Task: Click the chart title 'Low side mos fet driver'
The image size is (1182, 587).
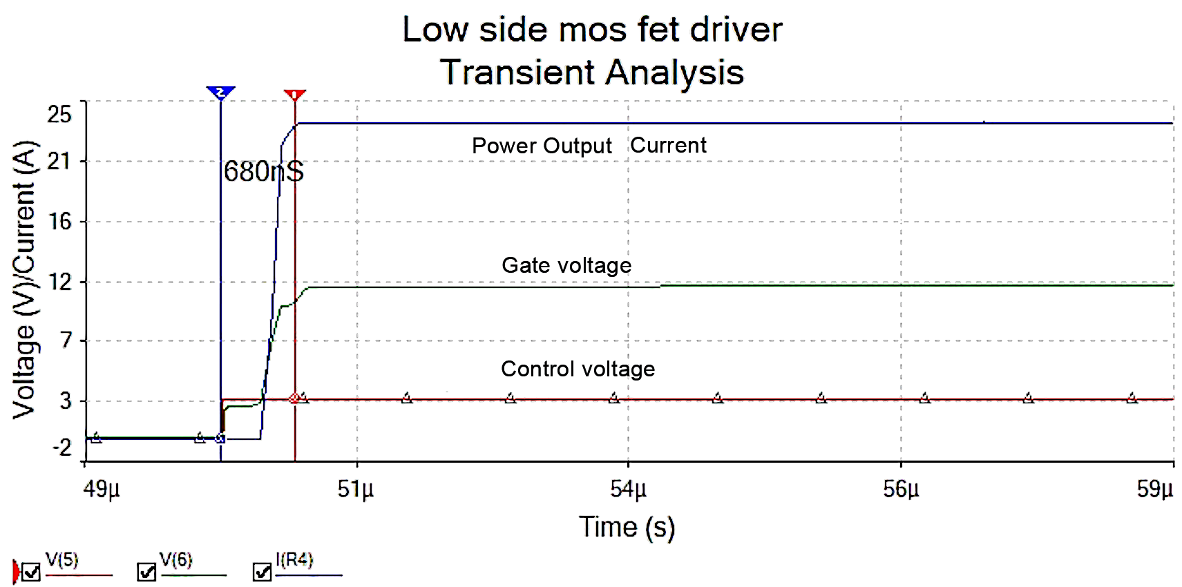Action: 592,30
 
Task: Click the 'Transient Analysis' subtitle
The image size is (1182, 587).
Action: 592,73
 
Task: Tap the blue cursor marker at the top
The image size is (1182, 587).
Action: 220,93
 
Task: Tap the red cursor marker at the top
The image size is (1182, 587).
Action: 295,95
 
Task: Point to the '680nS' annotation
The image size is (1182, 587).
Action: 264,171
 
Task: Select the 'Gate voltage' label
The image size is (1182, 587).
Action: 566,265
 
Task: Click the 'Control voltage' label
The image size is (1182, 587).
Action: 578,369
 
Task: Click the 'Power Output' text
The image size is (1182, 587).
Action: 542,146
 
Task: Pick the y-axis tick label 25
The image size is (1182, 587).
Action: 59,114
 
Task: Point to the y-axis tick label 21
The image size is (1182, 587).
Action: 59,162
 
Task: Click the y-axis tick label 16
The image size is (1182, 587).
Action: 59,222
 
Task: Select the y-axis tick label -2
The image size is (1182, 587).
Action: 62,448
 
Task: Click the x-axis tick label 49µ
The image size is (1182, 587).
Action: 102,489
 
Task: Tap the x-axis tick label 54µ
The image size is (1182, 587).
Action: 628,489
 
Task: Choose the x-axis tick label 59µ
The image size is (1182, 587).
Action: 1155,489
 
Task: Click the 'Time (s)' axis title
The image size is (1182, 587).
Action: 627,527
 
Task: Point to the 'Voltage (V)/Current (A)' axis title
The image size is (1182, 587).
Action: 24,280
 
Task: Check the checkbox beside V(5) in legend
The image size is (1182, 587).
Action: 31,572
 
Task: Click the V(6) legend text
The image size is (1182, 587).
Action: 175,560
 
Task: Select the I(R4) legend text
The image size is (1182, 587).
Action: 294,560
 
